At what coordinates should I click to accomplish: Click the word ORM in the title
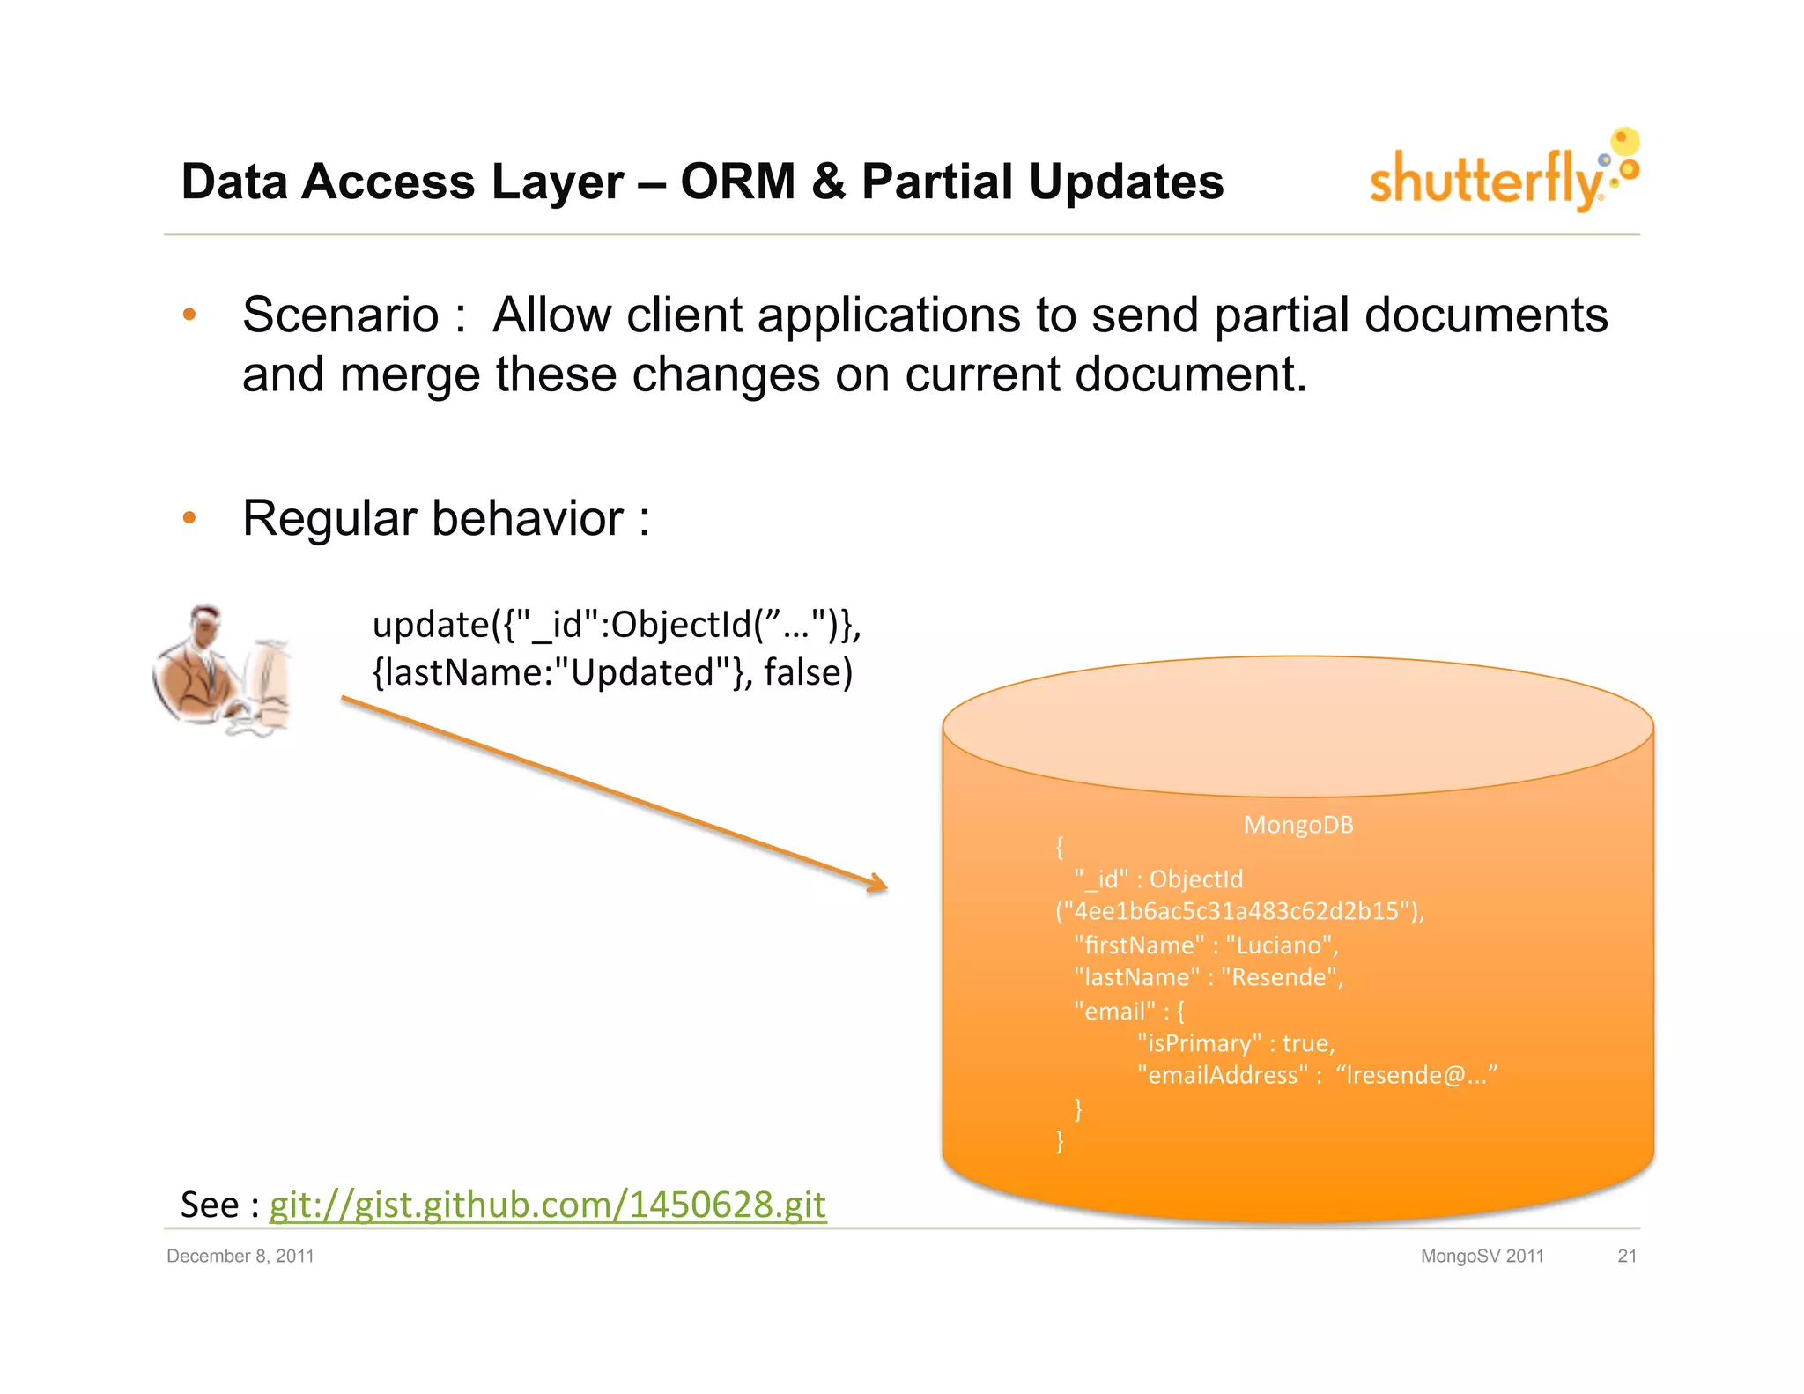(x=737, y=182)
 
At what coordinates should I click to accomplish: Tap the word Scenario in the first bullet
(x=340, y=315)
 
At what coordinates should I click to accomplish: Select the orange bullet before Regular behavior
(x=189, y=518)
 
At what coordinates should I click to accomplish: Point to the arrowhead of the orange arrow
(x=879, y=885)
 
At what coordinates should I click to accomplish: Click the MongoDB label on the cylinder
(x=1298, y=825)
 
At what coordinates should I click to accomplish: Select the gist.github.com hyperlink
(x=547, y=1205)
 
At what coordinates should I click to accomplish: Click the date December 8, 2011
(x=240, y=1256)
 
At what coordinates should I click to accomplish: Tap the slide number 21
(x=1626, y=1256)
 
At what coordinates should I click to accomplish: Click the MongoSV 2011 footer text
(x=1482, y=1256)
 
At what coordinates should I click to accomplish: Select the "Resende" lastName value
(x=1282, y=977)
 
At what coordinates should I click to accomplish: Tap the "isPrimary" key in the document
(x=1199, y=1043)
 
